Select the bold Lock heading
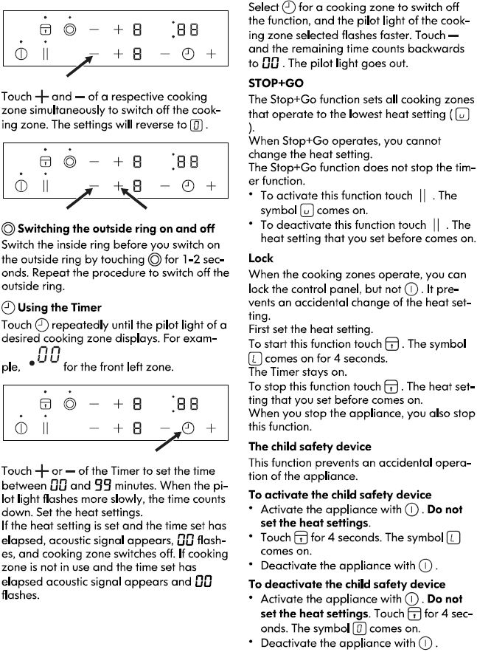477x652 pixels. [x=261, y=258]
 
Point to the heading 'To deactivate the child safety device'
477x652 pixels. [x=347, y=584]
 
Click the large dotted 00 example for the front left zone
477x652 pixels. [x=44, y=357]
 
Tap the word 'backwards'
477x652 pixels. [x=439, y=49]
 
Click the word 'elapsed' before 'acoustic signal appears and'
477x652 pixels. [x=28, y=582]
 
